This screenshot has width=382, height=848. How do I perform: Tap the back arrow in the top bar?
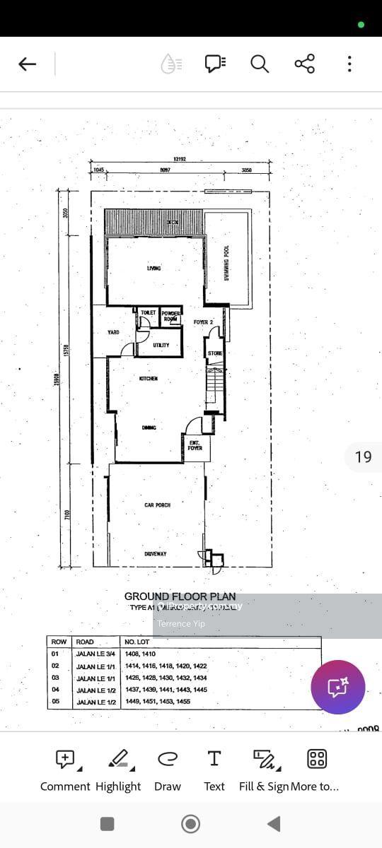[27, 64]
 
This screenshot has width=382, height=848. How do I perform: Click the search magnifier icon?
[260, 64]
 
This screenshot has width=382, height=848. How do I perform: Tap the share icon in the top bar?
[304, 64]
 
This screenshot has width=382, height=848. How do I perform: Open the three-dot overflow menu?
[349, 64]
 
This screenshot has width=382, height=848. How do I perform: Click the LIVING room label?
[154, 269]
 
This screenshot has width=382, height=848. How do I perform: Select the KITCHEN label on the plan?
[149, 379]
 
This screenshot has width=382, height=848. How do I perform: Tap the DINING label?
[149, 428]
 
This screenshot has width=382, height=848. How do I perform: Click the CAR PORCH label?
[157, 505]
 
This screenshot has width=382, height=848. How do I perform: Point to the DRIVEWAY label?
[156, 554]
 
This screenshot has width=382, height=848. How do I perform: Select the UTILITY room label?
[161, 346]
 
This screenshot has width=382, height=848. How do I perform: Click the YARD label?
[113, 332]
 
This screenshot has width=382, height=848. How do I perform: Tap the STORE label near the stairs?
[215, 353]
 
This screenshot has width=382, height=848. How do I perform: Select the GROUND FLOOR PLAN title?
[180, 596]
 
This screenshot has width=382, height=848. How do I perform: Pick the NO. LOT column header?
[137, 642]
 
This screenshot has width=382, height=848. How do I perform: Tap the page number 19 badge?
[363, 457]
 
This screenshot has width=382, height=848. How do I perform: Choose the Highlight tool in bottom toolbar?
[118, 770]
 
